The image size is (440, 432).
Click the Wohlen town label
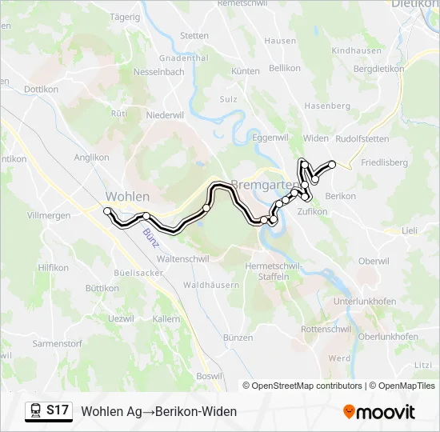127,196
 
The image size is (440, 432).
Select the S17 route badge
57,410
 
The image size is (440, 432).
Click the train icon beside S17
36,410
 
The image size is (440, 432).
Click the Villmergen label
49,216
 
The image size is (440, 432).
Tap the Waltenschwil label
184,259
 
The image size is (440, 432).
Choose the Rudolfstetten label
362,138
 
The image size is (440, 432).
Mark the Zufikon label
312,212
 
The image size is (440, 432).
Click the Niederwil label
166,114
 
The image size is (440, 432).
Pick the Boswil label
209,376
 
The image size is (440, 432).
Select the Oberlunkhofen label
388,337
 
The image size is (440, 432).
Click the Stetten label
194,36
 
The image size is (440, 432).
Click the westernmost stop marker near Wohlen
107,210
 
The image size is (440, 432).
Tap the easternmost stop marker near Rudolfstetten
333,164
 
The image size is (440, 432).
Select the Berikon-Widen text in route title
198,411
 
